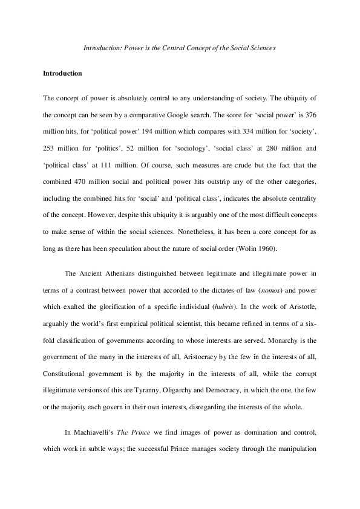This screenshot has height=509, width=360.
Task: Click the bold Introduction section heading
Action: (62, 73)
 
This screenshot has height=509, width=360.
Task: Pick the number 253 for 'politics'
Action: (50, 144)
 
